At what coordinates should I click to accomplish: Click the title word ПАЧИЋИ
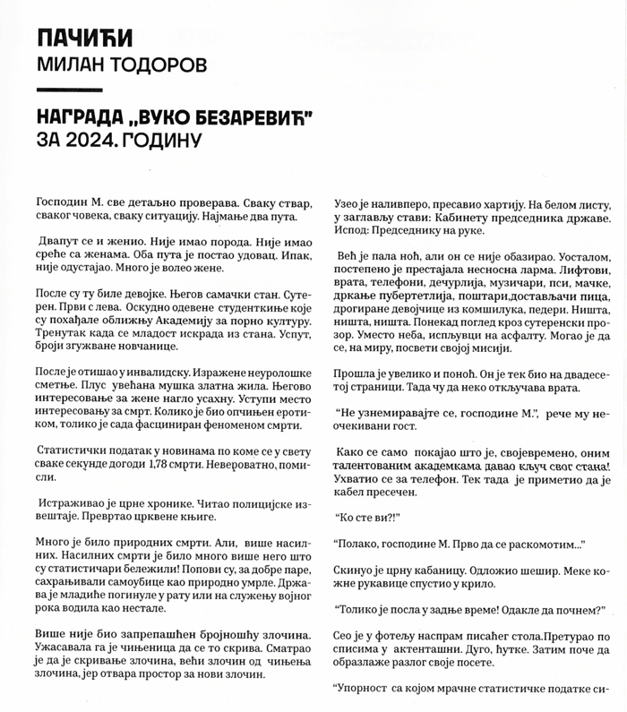[x=85, y=38]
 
